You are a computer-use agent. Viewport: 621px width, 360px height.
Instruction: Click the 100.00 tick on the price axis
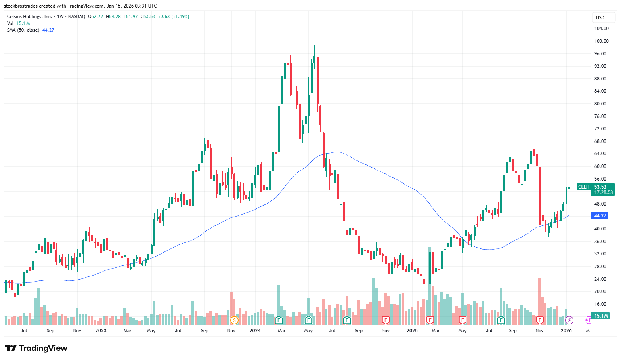601,41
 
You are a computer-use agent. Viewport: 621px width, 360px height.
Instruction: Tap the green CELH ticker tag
583,187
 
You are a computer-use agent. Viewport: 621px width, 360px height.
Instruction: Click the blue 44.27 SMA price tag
600,216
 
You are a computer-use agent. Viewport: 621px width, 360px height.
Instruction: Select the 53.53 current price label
600,187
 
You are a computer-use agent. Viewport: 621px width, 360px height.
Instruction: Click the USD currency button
600,18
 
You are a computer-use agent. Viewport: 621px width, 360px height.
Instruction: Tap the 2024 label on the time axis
255,331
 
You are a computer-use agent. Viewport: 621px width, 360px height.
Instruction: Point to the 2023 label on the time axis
101,331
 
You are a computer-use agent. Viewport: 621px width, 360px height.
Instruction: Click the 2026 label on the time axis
566,331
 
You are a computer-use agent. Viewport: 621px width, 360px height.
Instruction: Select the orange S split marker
234,320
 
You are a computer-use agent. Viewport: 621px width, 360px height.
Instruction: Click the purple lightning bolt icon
569,320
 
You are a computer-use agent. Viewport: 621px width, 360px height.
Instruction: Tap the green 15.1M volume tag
601,316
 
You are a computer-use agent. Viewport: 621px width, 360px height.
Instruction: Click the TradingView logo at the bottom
36,348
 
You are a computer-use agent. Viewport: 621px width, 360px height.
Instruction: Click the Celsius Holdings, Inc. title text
29,17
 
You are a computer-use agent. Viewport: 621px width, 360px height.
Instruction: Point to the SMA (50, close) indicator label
23,30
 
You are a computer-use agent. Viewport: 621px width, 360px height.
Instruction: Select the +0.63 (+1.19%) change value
173,17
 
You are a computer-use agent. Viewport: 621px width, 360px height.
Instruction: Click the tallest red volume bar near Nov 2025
539,297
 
